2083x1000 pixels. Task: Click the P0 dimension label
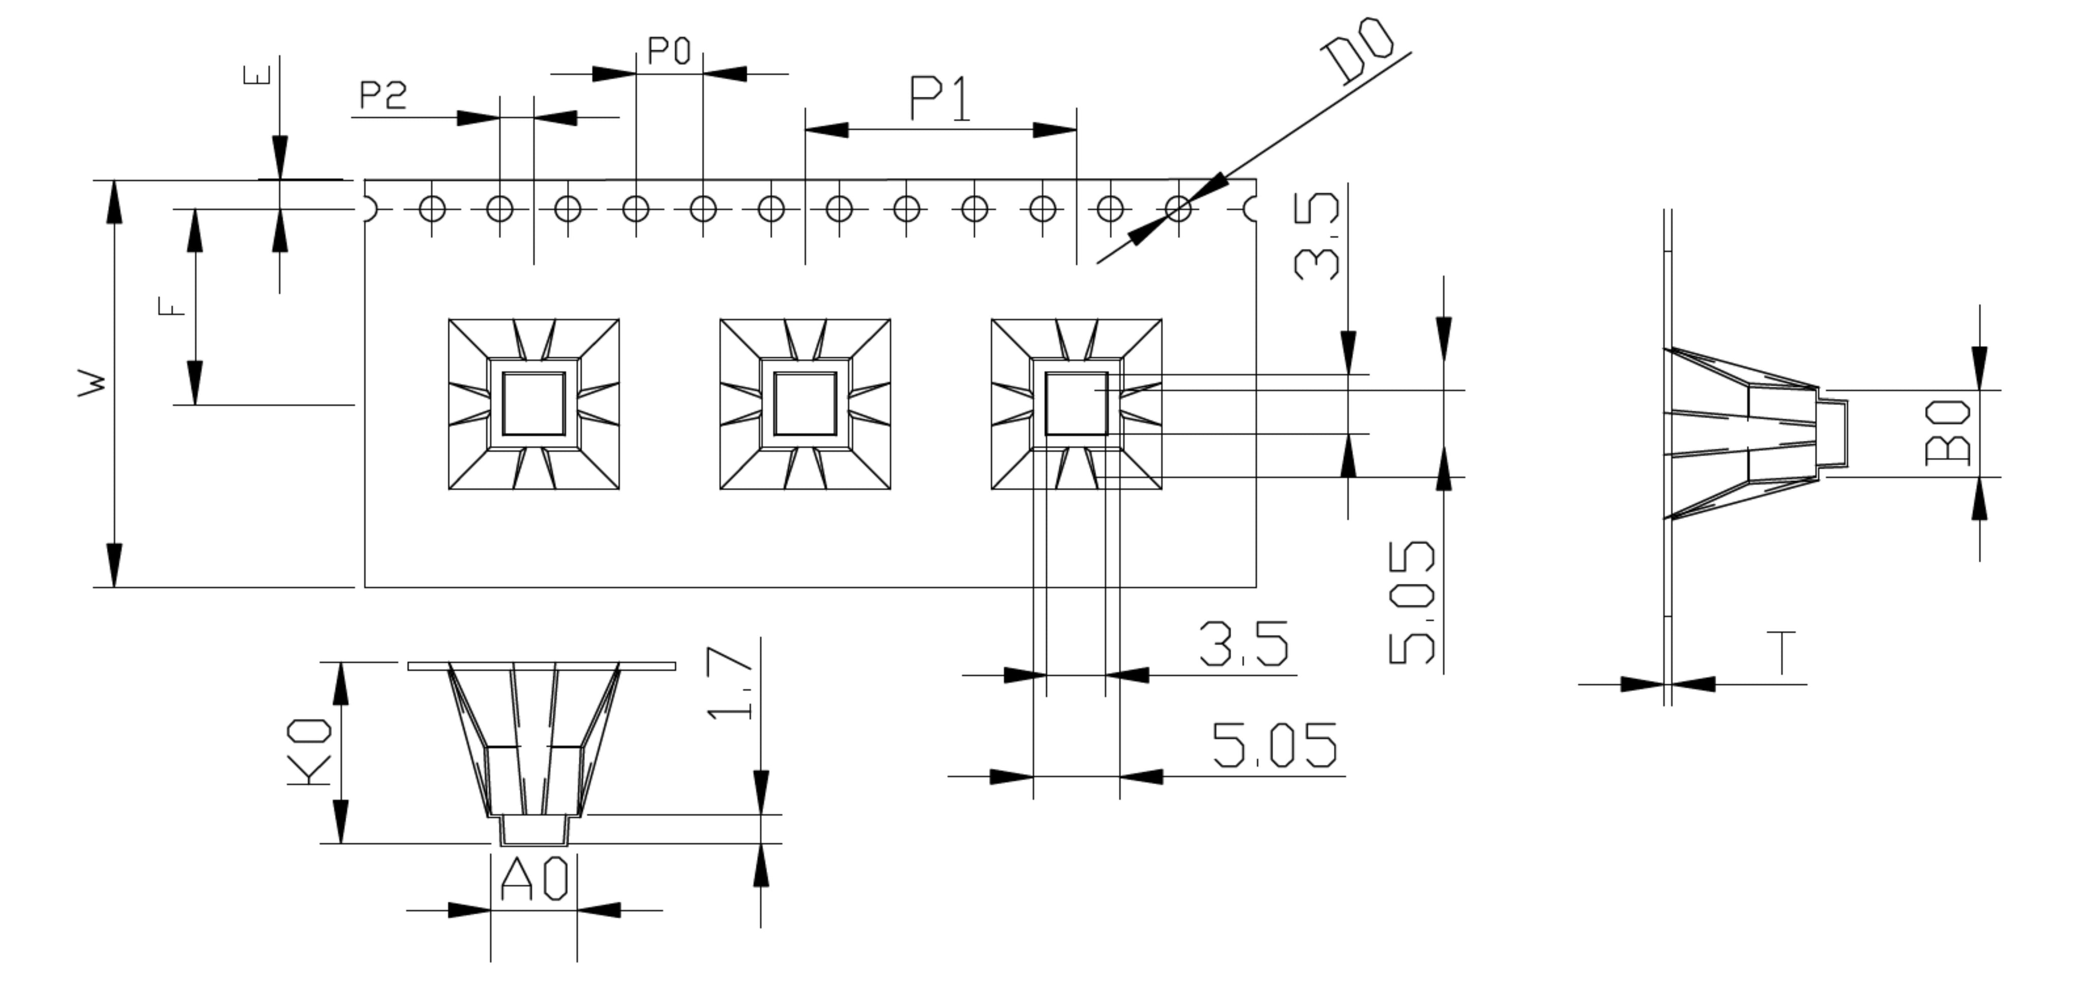tap(670, 52)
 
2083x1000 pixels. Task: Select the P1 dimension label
tap(940, 99)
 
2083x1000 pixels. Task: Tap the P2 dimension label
tap(383, 96)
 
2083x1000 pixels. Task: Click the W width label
tap(92, 384)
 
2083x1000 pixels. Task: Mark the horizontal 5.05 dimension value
tap(1273, 745)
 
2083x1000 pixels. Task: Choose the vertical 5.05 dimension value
tap(1412, 603)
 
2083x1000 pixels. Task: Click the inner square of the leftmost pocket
tap(533, 404)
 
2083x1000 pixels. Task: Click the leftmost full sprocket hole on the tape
tap(433, 209)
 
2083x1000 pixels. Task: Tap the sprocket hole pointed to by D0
tap(1178, 209)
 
